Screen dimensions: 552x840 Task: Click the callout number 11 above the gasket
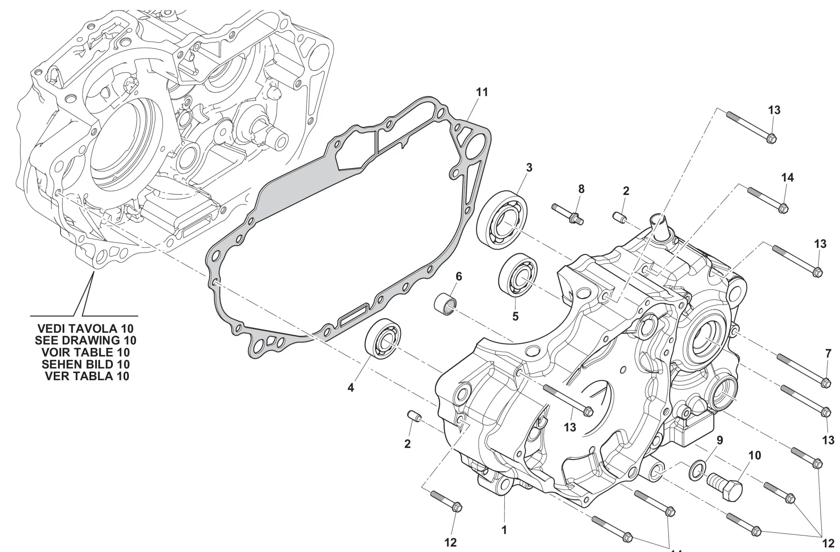point(482,92)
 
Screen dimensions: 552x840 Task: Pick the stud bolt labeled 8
point(567,213)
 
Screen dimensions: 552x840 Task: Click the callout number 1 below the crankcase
point(504,530)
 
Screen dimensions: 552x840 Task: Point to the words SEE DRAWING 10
point(86,340)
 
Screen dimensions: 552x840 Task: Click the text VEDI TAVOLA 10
point(86,328)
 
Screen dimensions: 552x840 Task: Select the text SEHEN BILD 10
point(86,364)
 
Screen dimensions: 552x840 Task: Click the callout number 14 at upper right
point(787,178)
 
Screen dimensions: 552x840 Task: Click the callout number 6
point(459,276)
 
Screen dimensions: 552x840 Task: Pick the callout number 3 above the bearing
point(529,168)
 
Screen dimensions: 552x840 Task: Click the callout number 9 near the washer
point(719,441)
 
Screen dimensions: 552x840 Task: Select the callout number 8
point(581,189)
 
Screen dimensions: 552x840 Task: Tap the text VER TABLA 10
point(87,376)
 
